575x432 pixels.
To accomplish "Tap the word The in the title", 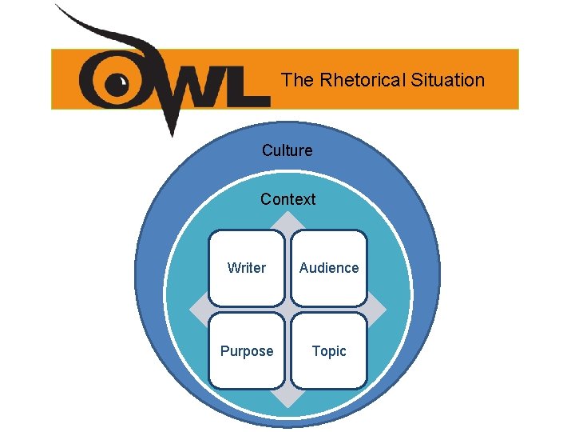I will (298, 80).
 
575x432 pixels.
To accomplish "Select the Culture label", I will (287, 150).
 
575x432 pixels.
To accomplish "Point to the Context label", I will (287, 199).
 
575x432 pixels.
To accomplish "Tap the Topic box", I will (329, 350).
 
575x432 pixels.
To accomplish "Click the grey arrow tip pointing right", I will (385, 310).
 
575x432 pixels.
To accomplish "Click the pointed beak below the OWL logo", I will (170, 128).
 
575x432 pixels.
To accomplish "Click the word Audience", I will (329, 268).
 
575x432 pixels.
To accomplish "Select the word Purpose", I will (247, 351).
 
